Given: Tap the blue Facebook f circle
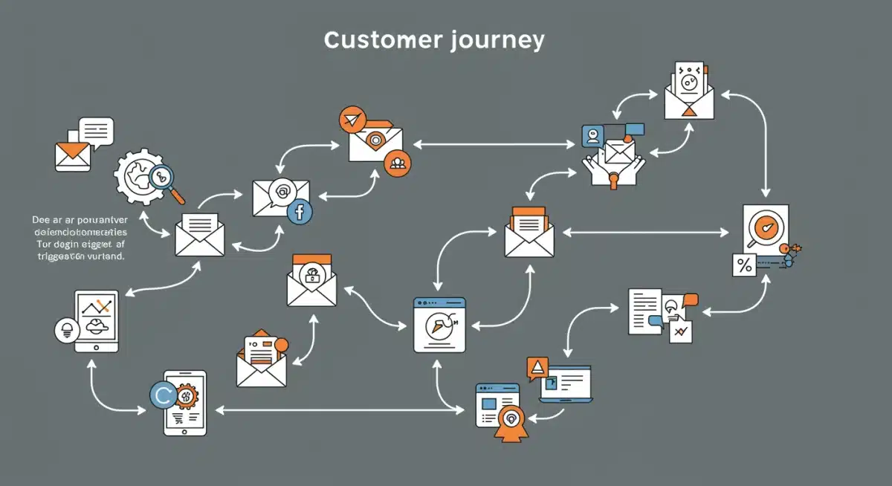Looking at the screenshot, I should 300,212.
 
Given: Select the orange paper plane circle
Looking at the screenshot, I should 352,120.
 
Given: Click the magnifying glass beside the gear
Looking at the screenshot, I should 163,178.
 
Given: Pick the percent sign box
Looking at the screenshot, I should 743,265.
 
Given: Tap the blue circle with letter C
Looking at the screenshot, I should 164,394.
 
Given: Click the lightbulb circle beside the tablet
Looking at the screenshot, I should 68,330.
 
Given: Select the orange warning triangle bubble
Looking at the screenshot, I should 536,367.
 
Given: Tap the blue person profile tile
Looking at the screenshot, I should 593,136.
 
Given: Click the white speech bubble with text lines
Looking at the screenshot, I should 96,130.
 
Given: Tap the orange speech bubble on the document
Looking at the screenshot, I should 691,299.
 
